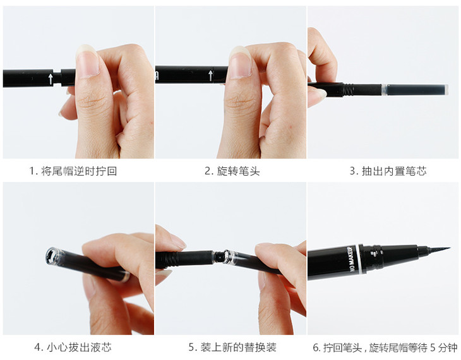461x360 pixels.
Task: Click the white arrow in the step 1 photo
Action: (51, 79)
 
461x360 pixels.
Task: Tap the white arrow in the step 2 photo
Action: (210, 76)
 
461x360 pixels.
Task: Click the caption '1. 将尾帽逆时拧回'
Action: (73, 171)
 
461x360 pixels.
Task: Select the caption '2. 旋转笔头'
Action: (232, 171)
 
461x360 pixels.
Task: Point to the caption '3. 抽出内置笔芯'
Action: (388, 171)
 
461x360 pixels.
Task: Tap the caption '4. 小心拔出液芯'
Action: (73, 347)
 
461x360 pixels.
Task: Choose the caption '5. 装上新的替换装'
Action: (232, 347)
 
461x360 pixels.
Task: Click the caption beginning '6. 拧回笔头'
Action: (385, 347)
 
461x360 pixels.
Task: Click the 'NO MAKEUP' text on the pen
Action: (352, 259)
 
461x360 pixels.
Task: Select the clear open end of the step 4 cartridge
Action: (54, 256)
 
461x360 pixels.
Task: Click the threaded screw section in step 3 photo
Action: (348, 90)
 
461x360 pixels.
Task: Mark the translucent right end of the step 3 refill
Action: (446, 90)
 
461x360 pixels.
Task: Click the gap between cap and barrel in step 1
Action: (57, 77)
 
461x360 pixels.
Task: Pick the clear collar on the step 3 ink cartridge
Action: (384, 90)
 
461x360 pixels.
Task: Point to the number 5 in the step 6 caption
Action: (433, 347)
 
